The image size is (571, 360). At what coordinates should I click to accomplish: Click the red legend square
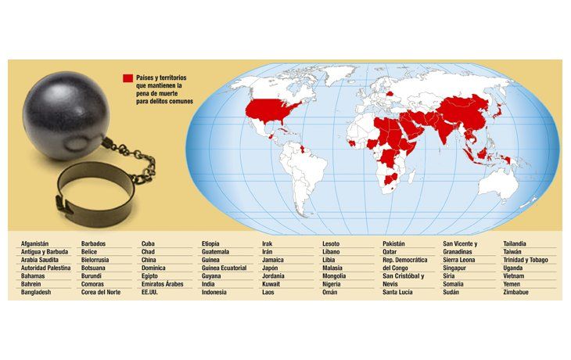(127, 78)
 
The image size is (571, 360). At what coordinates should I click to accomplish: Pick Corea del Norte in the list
(102, 293)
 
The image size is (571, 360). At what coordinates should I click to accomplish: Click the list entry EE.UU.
(151, 293)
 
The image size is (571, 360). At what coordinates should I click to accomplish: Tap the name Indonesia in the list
(214, 293)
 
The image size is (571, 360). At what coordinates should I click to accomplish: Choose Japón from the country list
(271, 268)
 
